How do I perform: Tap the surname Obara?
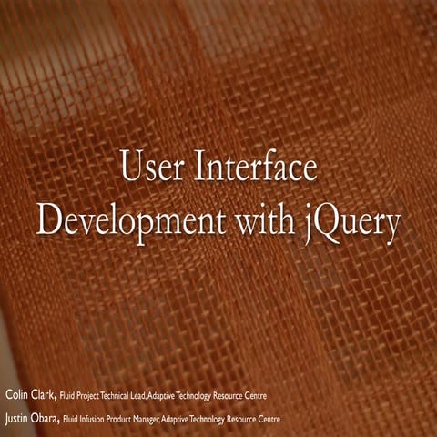[47, 419]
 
